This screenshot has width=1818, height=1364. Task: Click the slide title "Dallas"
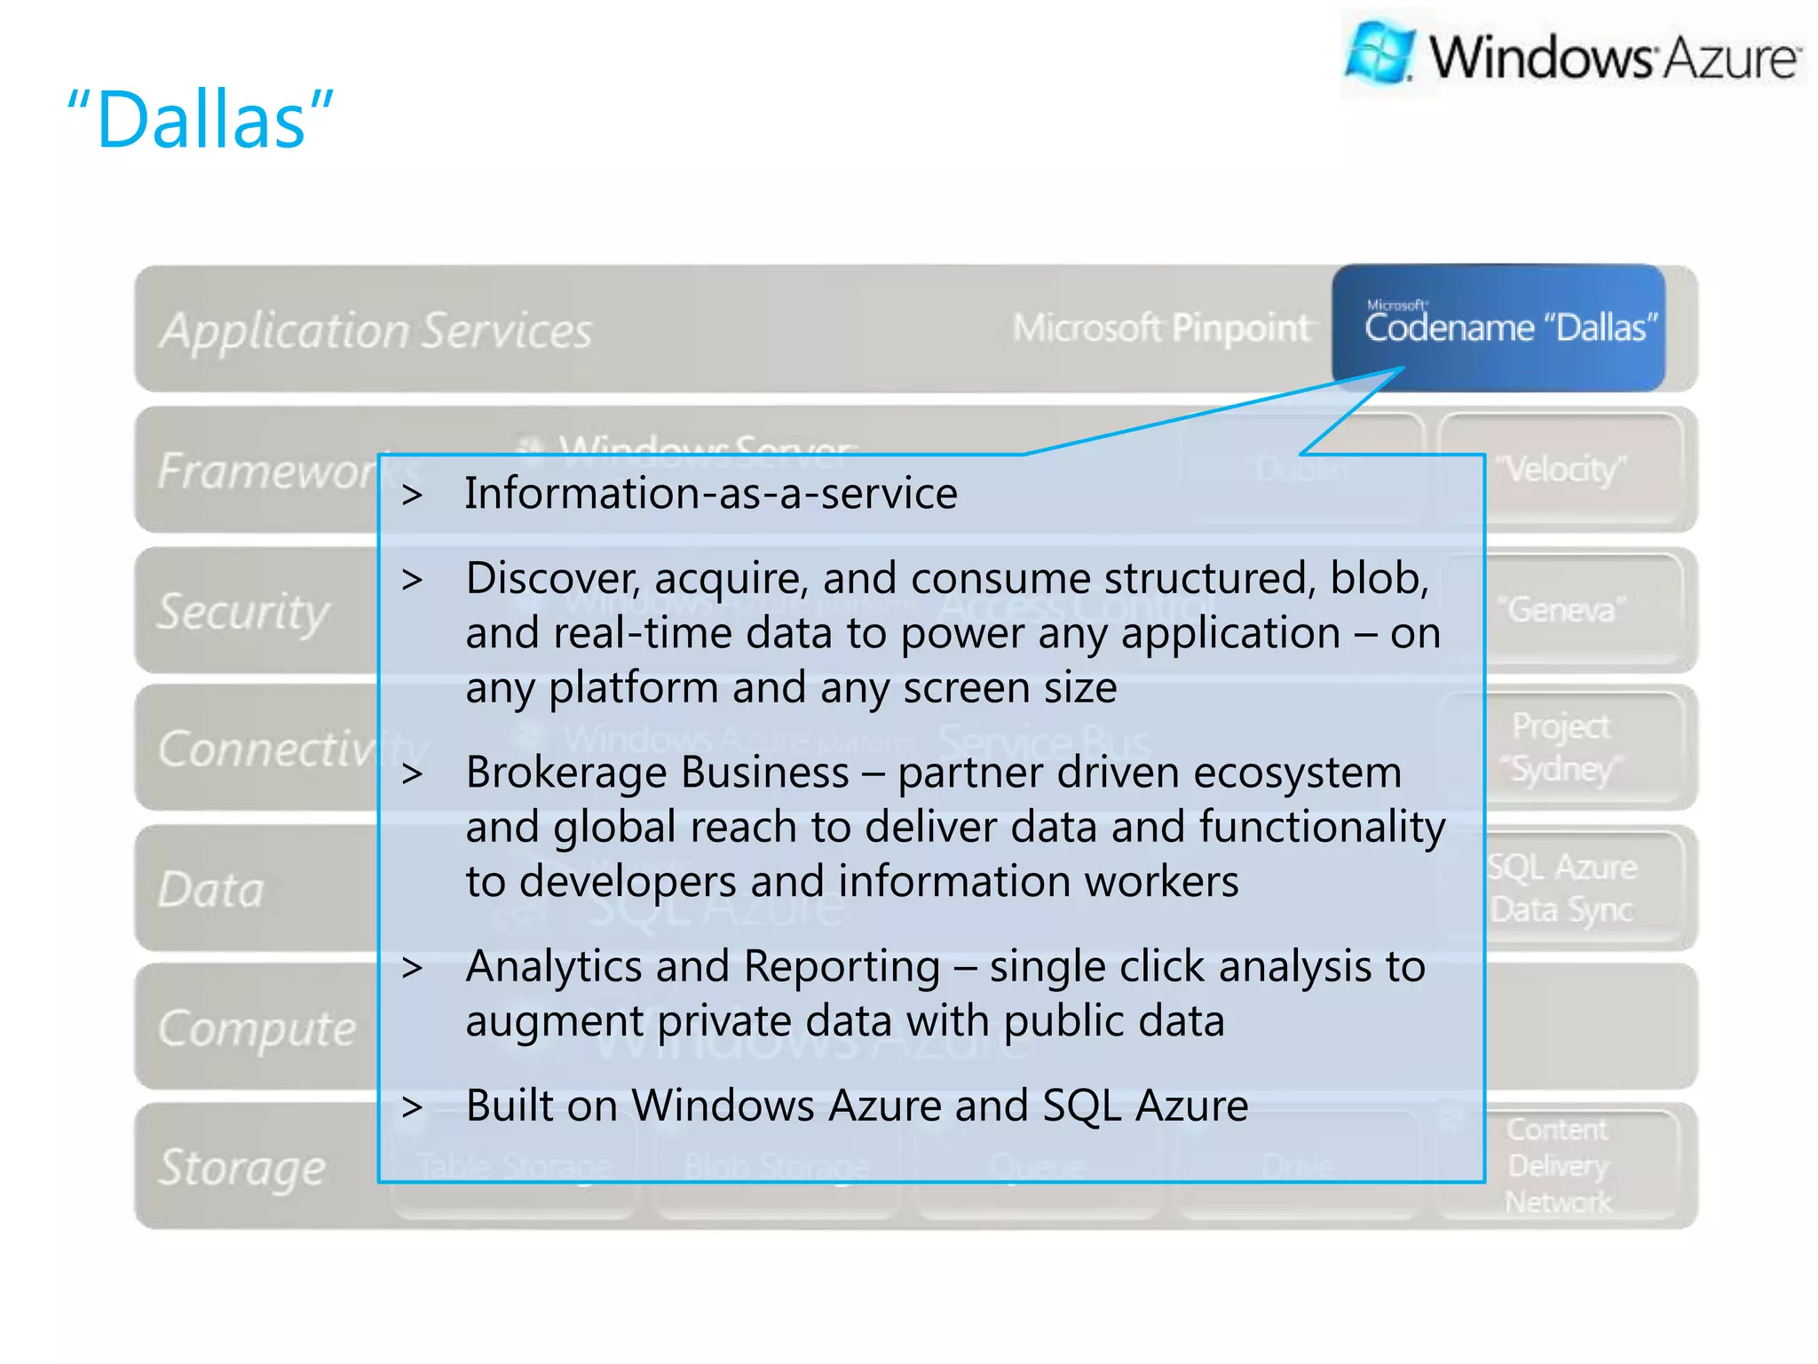pos(201,119)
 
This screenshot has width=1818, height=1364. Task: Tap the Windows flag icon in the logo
pos(1379,52)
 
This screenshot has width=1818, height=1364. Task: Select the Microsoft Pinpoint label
pos(1161,329)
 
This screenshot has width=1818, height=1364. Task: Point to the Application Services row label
pos(375,330)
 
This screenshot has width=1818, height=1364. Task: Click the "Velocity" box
pos(1561,469)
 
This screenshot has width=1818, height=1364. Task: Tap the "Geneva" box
pos(1561,609)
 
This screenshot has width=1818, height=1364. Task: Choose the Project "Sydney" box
pos(1561,747)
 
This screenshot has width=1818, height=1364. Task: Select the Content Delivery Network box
pos(1558,1165)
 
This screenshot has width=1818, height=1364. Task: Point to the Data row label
pos(211,889)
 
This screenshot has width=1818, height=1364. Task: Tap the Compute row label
pos(257,1028)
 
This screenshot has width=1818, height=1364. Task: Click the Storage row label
pos(242,1167)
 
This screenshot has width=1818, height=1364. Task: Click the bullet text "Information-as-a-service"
pos(711,493)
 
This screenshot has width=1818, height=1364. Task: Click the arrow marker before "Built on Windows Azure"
pos(412,1106)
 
